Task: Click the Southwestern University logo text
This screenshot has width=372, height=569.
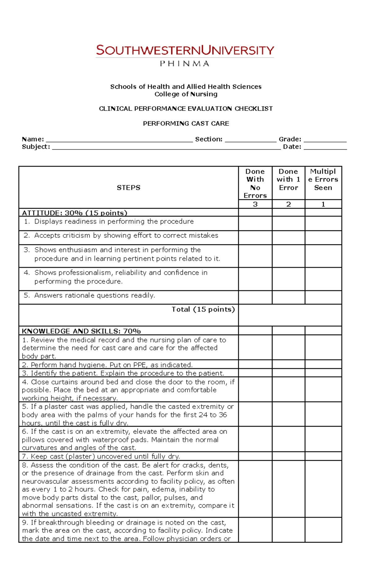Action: pyautogui.click(x=185, y=50)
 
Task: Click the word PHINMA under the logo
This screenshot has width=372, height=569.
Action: pyautogui.click(x=184, y=64)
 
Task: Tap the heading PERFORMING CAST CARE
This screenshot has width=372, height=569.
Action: pyautogui.click(x=186, y=123)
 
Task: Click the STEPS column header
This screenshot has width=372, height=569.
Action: pyautogui.click(x=128, y=188)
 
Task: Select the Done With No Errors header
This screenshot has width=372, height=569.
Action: pyautogui.click(x=255, y=183)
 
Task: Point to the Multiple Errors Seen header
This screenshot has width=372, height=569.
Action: pyautogui.click(x=323, y=180)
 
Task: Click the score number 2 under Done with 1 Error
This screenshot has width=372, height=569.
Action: pyautogui.click(x=288, y=204)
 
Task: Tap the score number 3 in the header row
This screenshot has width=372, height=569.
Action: pyautogui.click(x=255, y=204)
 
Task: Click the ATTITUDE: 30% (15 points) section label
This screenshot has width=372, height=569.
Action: pyautogui.click(x=75, y=213)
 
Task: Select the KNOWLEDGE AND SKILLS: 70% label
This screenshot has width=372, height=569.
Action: pyautogui.click(x=81, y=331)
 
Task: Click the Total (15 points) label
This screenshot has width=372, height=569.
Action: pyautogui.click(x=203, y=309)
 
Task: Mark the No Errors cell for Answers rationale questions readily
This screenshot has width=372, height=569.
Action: pyautogui.click(x=255, y=297)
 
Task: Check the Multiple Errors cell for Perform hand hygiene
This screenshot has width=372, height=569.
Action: pyautogui.click(x=323, y=364)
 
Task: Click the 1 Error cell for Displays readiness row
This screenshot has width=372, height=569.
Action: pyautogui.click(x=288, y=223)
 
